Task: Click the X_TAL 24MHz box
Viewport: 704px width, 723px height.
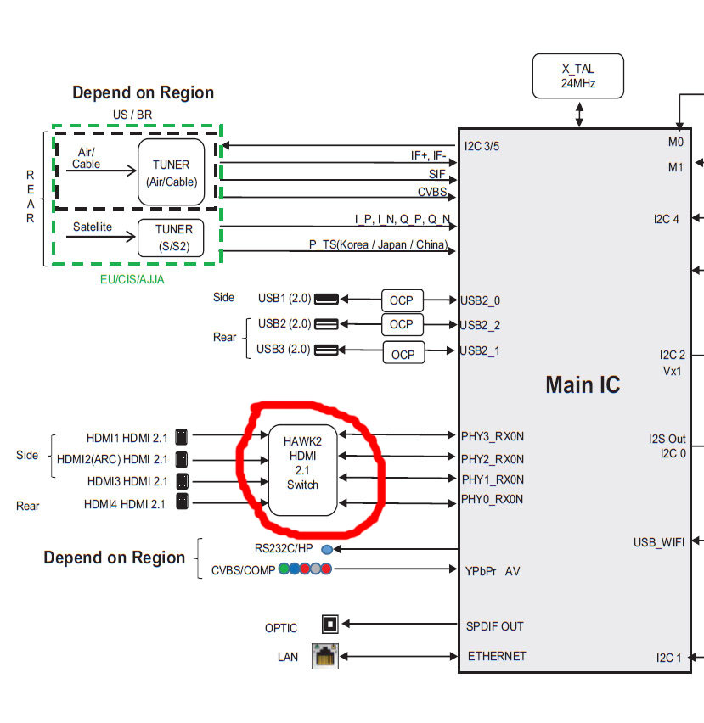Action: click(x=577, y=76)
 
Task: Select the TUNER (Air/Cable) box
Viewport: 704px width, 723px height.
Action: click(x=172, y=171)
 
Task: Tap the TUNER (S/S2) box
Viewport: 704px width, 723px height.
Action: click(x=172, y=237)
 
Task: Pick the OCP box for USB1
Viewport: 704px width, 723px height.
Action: click(x=402, y=300)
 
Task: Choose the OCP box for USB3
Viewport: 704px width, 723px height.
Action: click(x=403, y=353)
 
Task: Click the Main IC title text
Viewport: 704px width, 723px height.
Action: click(x=583, y=384)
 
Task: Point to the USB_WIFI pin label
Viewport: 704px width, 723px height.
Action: click(x=658, y=542)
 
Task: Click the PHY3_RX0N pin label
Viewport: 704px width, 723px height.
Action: click(x=493, y=436)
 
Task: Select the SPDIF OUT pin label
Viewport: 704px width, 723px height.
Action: click(x=495, y=626)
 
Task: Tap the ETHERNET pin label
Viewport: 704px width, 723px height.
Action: click(x=497, y=656)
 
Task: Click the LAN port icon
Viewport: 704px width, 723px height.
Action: click(x=325, y=656)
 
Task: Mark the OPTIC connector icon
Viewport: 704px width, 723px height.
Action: click(x=330, y=625)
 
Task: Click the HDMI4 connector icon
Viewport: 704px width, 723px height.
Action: click(x=182, y=503)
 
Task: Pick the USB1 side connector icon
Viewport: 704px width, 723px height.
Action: click(x=326, y=299)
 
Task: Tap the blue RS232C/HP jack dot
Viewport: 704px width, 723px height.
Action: click(x=327, y=550)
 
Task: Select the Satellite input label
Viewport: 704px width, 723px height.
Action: click(x=92, y=227)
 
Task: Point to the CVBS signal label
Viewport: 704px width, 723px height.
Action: click(x=431, y=192)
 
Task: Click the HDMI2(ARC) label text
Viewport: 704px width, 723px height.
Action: click(x=112, y=459)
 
